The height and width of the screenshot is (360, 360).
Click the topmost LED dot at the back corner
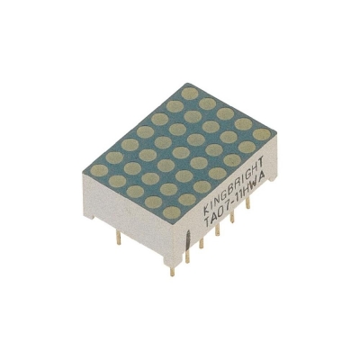click(188, 92)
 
